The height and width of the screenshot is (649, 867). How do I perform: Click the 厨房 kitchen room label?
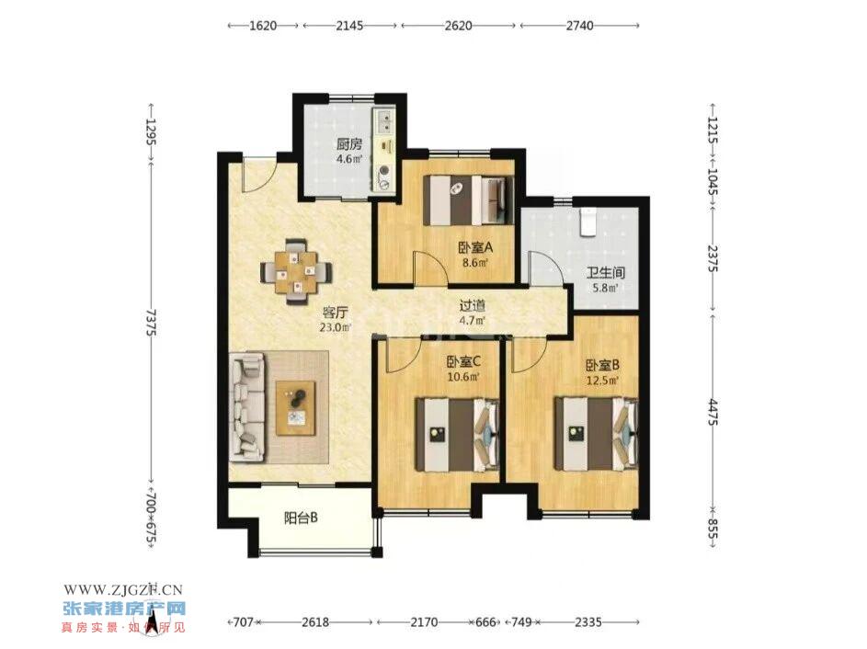pos(349,145)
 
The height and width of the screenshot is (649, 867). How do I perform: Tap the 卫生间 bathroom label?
pos(606,272)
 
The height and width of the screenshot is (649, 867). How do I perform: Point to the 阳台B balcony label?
pos(301,518)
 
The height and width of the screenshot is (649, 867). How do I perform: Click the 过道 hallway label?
pos(473,305)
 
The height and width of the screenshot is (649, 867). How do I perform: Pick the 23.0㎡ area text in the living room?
pos(335,327)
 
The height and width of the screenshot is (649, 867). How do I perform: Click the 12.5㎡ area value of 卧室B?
pos(602,380)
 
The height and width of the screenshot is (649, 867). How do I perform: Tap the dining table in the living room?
pos(297,271)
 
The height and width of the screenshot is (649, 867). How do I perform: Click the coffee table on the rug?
pos(296,408)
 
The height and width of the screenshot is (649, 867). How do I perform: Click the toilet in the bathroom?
pos(587,222)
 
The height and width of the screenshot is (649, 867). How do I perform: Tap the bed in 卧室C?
pos(458,435)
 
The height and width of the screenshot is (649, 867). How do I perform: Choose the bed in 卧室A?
pos(469,200)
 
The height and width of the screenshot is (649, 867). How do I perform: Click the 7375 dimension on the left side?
pos(151,323)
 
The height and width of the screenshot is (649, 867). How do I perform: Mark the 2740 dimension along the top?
pos(579,26)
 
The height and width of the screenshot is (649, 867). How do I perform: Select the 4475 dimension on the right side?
pos(713,413)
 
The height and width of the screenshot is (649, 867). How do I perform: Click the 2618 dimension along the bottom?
pos(315,622)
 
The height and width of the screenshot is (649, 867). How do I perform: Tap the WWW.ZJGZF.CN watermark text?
pos(123,590)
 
